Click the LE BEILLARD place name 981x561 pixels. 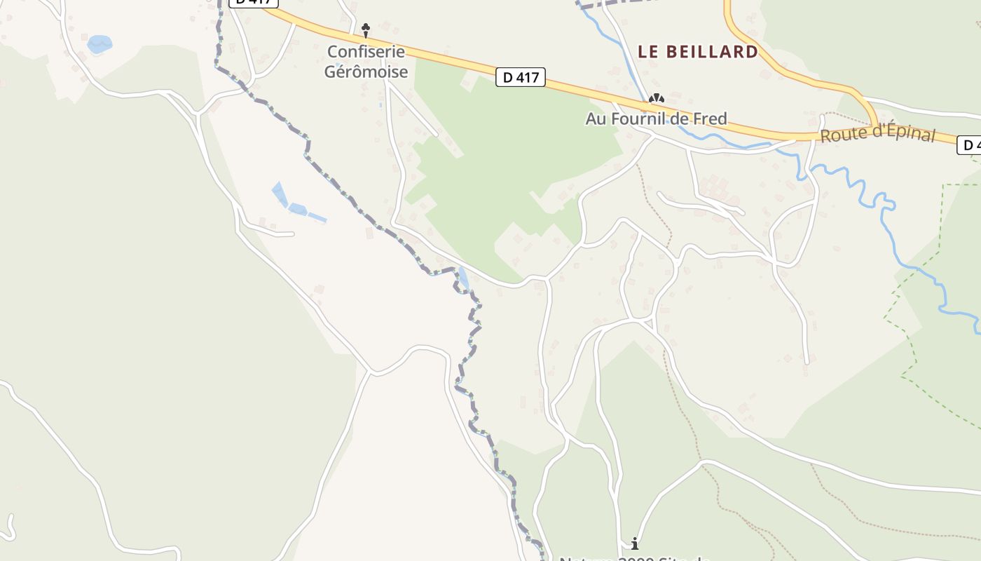point(698,52)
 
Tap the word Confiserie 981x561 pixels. point(366,52)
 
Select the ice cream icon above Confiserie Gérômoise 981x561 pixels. point(365,29)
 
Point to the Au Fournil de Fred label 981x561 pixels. point(656,119)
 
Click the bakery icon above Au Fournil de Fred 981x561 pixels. point(656,100)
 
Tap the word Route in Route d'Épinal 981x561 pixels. point(839,135)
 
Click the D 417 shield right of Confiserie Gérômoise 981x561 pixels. point(520,77)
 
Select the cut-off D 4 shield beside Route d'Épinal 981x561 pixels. point(970,144)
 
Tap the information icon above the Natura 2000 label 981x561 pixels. point(635,543)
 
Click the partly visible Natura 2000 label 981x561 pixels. point(635,558)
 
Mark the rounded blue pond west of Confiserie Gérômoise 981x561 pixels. point(100,44)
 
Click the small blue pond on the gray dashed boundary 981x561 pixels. point(462,279)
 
